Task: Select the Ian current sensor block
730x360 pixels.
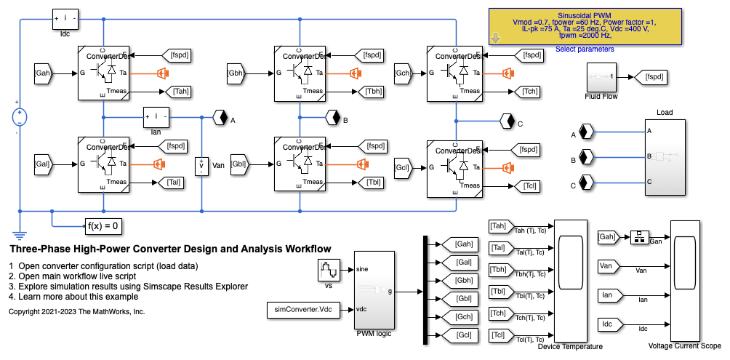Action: point(156,117)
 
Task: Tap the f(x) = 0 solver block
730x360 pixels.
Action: point(103,225)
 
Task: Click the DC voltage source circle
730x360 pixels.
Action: point(19,117)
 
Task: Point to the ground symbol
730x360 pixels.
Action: point(19,234)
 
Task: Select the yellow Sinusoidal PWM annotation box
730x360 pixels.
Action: point(585,28)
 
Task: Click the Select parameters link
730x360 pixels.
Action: point(585,49)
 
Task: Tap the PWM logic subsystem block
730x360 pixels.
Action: point(374,289)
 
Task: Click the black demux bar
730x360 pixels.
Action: point(425,289)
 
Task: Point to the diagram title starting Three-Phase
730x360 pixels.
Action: point(170,249)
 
